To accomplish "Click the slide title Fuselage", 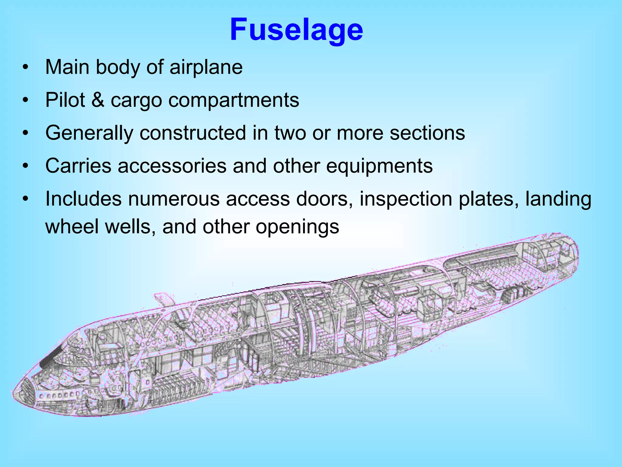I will pos(296,30).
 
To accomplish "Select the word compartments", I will pos(234,100).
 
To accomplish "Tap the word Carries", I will pos(78,166).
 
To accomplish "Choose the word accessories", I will pos(172,166).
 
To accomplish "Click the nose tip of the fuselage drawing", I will pos(14,392).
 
